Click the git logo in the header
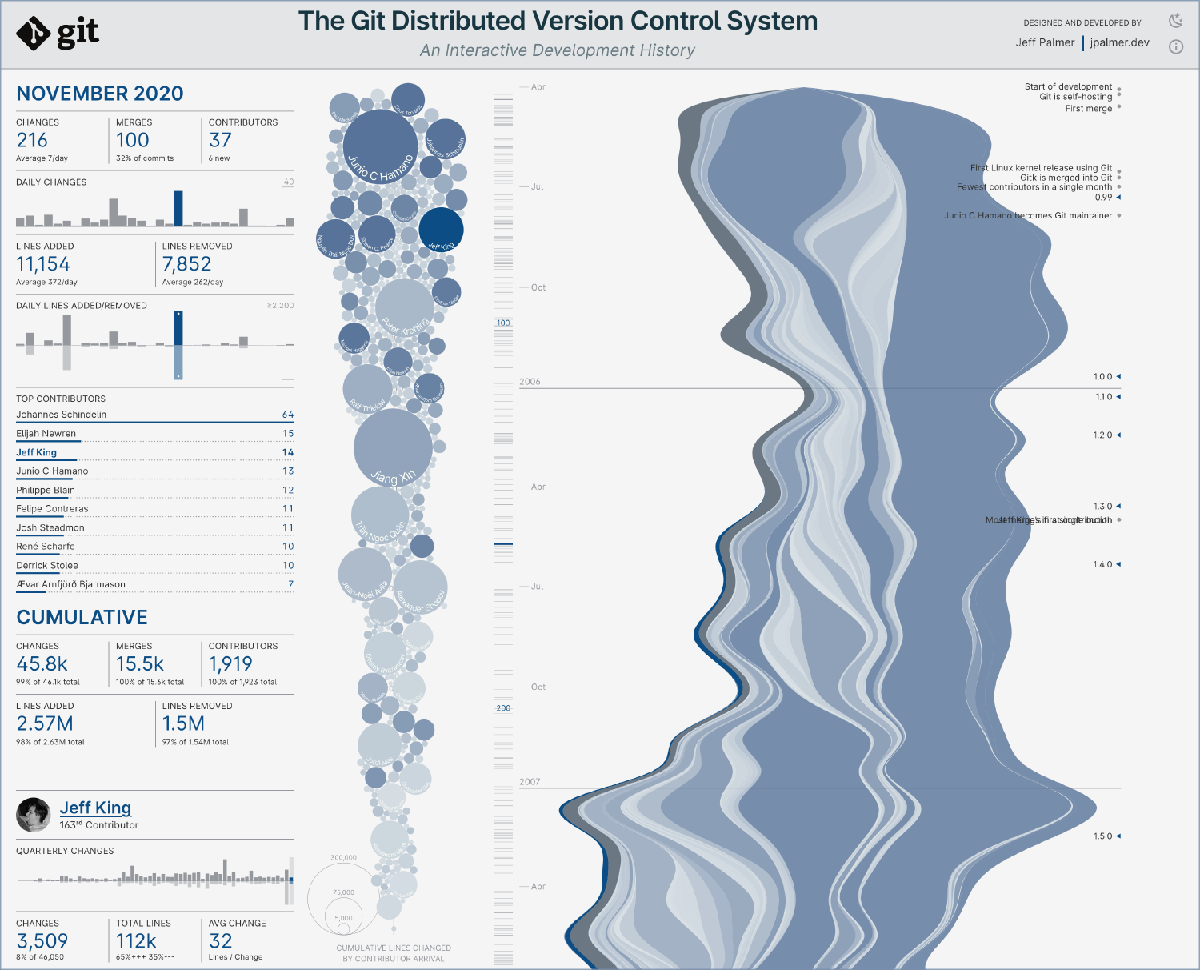58,33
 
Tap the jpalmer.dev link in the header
1119,43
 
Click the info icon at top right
1175,46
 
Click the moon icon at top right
1175,21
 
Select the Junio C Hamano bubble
380,146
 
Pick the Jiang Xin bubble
393,447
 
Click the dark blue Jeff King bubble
441,229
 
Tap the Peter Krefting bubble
405,307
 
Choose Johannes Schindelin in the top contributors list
62,415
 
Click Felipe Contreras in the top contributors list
52,509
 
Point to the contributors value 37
220,141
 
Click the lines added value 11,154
43,264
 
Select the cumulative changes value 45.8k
42,664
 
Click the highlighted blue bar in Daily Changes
178,209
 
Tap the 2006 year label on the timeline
530,382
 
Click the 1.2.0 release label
1102,435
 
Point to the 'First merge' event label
1088,109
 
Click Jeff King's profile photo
34,815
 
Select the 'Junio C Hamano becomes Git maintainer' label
1027,216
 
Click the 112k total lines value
136,941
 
